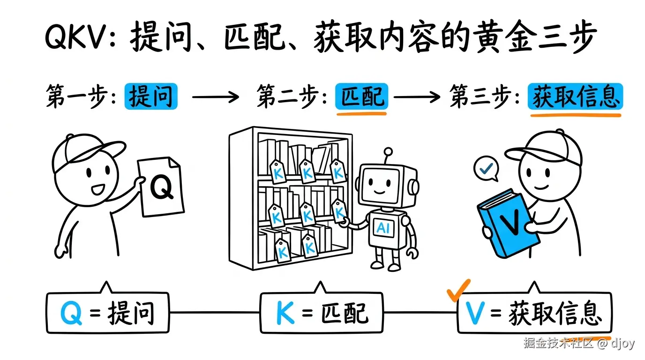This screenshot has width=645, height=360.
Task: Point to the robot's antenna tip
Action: (x=388, y=151)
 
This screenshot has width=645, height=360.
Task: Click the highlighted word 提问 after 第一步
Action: (x=151, y=97)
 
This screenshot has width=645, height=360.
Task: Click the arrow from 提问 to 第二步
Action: (x=216, y=97)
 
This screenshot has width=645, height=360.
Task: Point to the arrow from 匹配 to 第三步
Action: (x=417, y=97)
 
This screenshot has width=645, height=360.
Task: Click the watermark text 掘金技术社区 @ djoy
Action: (x=578, y=343)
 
